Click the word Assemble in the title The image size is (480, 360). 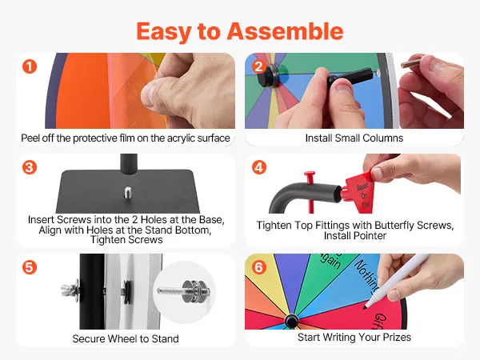[x=285, y=31]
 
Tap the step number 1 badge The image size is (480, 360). [x=30, y=66]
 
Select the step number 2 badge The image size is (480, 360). [x=259, y=66]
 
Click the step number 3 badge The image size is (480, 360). [x=30, y=167]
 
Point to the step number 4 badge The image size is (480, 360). [x=259, y=167]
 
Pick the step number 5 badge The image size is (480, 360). [x=30, y=267]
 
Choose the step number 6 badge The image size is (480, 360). [x=259, y=267]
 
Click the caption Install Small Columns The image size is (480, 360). [x=354, y=138]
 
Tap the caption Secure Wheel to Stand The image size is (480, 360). [x=126, y=338]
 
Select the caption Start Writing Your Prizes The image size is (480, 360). [x=354, y=337]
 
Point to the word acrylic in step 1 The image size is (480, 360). [x=180, y=138]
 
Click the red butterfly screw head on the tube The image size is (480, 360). [x=310, y=176]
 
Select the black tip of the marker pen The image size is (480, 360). [x=366, y=306]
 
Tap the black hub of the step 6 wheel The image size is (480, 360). [x=291, y=321]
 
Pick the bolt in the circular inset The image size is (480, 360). [x=184, y=290]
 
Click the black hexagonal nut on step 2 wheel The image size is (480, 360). [x=268, y=76]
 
